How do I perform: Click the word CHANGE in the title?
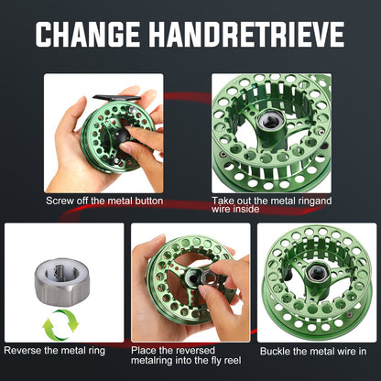[88, 34]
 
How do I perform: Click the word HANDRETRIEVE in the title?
[246, 34]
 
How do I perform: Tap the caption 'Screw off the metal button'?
[104, 201]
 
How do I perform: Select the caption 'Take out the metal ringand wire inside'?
[272, 204]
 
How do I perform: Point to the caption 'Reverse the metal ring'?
[55, 350]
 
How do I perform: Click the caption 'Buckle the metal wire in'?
[313, 351]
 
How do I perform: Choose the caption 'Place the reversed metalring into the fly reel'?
[186, 355]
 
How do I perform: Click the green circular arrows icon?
[60, 325]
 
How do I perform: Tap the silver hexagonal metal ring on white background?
[62, 282]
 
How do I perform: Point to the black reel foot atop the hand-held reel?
[116, 98]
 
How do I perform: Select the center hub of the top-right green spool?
[270, 122]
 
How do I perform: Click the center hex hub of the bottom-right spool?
[316, 271]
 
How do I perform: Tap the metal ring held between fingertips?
[208, 278]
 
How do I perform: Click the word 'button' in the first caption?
[149, 201]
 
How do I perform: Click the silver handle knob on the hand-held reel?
[131, 110]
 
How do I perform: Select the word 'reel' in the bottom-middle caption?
[233, 361]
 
